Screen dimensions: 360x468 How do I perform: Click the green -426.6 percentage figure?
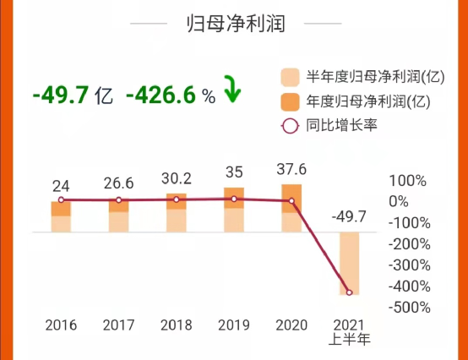pyautogui.click(x=161, y=95)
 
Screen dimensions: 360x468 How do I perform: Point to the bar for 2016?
pyautogui.click(x=61, y=216)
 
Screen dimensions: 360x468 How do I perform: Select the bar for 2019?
pyautogui.click(x=234, y=210)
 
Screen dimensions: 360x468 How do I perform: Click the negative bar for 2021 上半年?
pyautogui.click(x=349, y=263)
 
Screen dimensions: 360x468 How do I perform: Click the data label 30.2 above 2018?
pyautogui.click(x=176, y=179)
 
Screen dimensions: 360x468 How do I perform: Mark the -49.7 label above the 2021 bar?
pyautogui.click(x=349, y=217)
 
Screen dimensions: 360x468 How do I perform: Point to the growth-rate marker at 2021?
pyautogui.click(x=349, y=292)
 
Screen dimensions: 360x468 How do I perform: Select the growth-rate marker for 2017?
pyautogui.click(x=118, y=200)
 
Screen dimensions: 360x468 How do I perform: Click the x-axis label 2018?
pyautogui.click(x=176, y=325)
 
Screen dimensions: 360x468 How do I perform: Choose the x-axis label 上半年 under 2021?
pyautogui.click(x=349, y=341)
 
